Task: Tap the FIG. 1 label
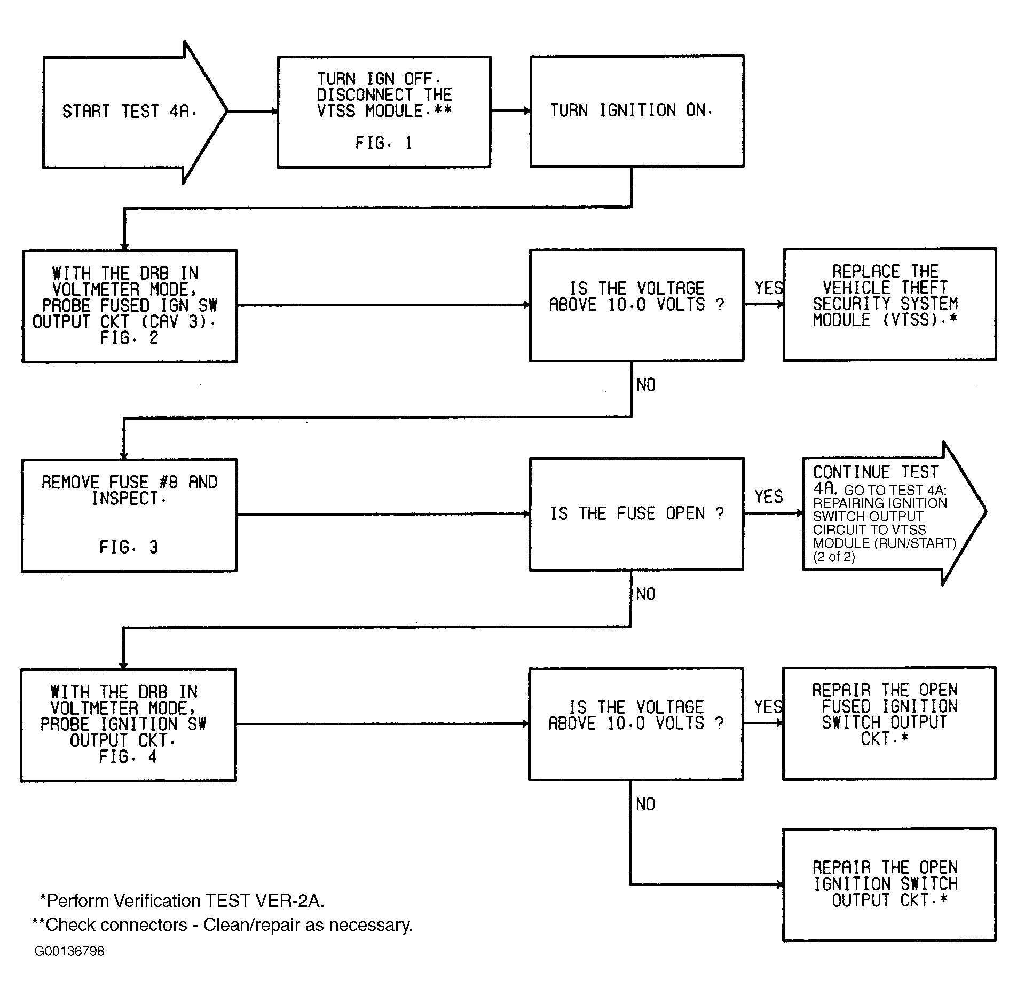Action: (384, 143)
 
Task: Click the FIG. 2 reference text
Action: (129, 338)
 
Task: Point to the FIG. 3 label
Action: (129, 547)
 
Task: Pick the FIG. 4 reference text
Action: (128, 757)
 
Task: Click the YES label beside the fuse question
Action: (768, 497)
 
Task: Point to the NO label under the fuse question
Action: (645, 594)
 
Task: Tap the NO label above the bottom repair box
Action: (645, 804)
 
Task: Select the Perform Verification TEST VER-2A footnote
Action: (182, 900)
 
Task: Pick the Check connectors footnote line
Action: (222, 924)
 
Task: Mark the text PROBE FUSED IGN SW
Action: (130, 305)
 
